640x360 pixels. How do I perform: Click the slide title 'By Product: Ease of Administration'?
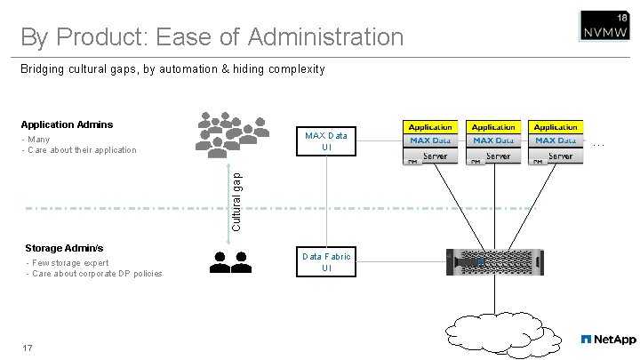point(212,37)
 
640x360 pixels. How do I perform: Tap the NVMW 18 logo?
point(604,27)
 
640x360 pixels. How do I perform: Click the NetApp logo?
point(608,340)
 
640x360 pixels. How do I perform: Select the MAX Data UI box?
point(326,141)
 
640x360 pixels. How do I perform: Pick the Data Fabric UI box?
point(326,262)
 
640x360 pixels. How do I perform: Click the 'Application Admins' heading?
point(67,124)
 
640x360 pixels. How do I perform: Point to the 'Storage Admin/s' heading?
point(64,248)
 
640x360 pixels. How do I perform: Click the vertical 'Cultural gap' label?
point(236,201)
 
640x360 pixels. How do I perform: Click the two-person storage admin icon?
point(230,261)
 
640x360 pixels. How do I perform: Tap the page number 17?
point(28,348)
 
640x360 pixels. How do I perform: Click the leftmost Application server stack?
point(431,143)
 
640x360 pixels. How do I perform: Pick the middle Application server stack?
point(493,143)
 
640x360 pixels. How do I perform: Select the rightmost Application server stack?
point(556,143)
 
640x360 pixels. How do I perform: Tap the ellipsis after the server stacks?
point(599,143)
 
